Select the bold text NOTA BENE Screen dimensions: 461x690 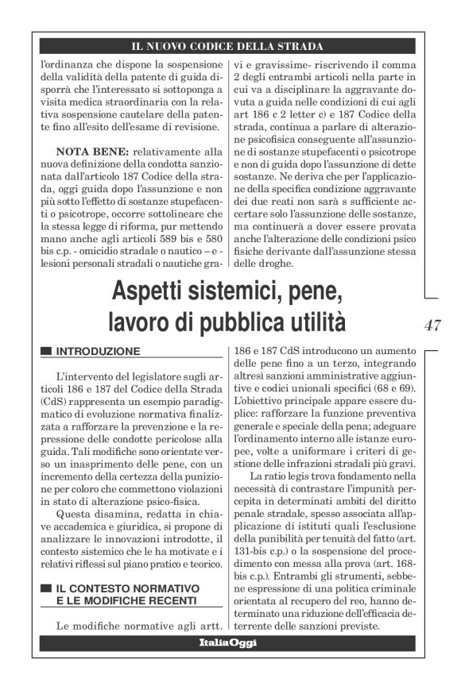(91, 148)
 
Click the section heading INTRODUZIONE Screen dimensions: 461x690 (99, 350)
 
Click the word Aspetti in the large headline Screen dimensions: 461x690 (152, 292)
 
